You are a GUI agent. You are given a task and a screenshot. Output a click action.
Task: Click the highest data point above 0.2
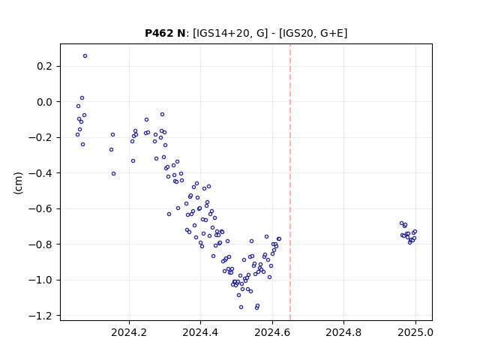pos(85,56)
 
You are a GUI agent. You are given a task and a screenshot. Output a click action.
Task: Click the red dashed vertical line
pos(290,182)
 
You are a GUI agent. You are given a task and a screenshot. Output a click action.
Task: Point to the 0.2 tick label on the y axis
pos(45,66)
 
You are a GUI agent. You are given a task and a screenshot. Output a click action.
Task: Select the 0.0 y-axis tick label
pos(45,102)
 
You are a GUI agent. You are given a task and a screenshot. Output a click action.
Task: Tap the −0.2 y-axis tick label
pos(40,137)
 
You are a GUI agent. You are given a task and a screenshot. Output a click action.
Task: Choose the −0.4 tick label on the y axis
pos(40,173)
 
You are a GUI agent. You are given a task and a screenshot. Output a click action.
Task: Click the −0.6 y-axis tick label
pos(40,208)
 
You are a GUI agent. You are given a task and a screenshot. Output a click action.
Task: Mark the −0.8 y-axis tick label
pos(40,244)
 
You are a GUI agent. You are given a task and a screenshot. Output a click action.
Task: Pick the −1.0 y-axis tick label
pos(40,280)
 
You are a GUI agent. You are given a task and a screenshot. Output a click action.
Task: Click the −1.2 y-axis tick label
pos(40,316)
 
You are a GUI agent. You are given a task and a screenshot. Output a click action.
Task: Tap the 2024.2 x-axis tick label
pos(129,332)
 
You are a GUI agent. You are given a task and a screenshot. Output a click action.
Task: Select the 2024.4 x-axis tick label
pos(200,332)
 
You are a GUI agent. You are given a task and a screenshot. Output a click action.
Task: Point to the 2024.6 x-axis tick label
pos(272,332)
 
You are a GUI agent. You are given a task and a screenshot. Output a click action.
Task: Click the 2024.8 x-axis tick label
pos(343,332)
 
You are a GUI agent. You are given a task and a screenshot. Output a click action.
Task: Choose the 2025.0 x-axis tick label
pos(415,332)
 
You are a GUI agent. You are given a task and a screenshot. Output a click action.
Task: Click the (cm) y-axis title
pos(18,183)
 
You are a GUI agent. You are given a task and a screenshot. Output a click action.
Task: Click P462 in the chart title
pos(160,33)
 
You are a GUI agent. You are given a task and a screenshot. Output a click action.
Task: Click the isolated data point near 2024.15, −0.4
pos(113,173)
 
